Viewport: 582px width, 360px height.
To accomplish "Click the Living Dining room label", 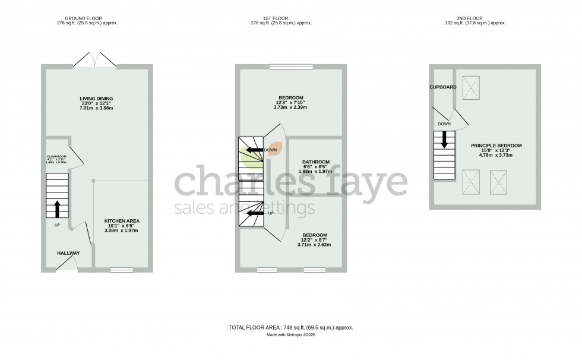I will (x=96, y=99).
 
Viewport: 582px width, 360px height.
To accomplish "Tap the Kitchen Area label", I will (x=122, y=221).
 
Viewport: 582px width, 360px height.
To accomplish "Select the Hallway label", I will (x=68, y=254).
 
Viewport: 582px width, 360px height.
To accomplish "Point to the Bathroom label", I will (x=316, y=162).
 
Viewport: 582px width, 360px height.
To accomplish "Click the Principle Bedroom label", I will (x=496, y=146).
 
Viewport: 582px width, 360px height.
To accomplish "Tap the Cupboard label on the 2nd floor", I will (x=444, y=87).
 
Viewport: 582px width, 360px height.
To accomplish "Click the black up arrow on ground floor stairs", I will (x=57, y=209).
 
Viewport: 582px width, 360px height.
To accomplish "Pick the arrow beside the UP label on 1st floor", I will (x=255, y=213).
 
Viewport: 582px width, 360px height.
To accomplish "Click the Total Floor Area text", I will (x=291, y=327).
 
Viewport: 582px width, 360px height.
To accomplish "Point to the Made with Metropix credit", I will (x=291, y=336).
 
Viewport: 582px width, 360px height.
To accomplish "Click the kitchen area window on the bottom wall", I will (x=121, y=270).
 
